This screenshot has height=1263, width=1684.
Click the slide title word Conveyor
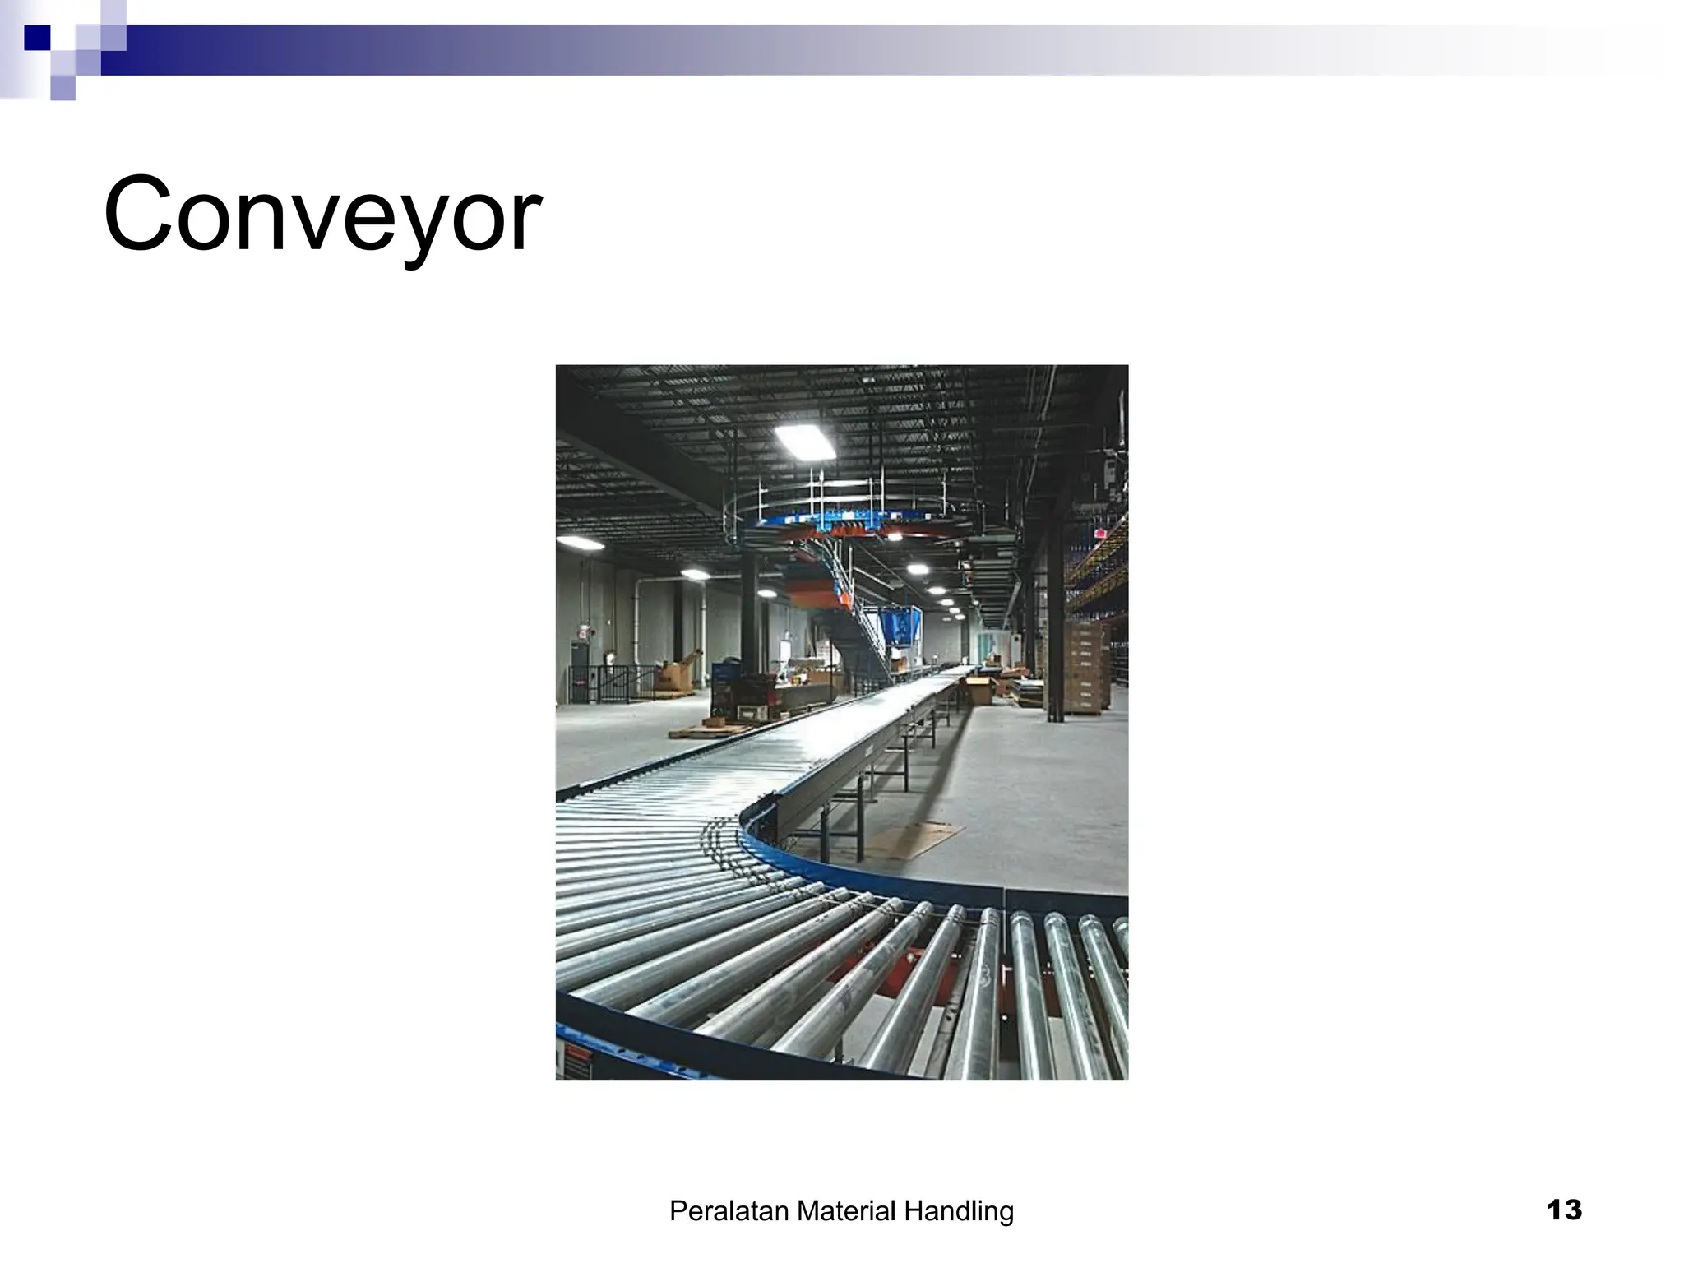coord(322,215)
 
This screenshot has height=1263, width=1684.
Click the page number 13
coord(1563,1210)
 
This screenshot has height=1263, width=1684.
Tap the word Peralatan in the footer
coord(729,1211)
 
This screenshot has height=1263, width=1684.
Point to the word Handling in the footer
coord(959,1211)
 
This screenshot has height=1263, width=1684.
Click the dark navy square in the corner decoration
coord(37,38)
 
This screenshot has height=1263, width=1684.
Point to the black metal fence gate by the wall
coord(608,682)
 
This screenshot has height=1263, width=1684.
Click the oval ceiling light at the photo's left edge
coord(579,543)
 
